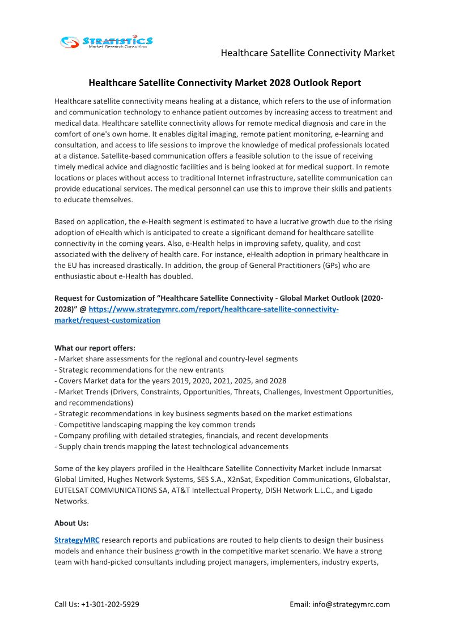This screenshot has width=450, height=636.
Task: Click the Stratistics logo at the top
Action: tap(107, 41)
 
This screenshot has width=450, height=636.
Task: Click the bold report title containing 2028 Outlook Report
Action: tap(224, 83)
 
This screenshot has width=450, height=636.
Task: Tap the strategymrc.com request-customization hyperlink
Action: tap(214, 309)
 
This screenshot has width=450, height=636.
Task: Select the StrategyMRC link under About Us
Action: tap(77, 540)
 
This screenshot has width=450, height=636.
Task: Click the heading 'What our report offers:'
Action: tap(95, 348)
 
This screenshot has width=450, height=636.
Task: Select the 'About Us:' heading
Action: tap(71, 523)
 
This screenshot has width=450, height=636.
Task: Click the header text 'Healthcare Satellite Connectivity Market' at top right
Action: tap(307, 53)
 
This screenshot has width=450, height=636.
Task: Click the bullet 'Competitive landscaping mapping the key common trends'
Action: tap(157, 424)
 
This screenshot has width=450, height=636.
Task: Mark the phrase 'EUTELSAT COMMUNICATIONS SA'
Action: tap(111, 490)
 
